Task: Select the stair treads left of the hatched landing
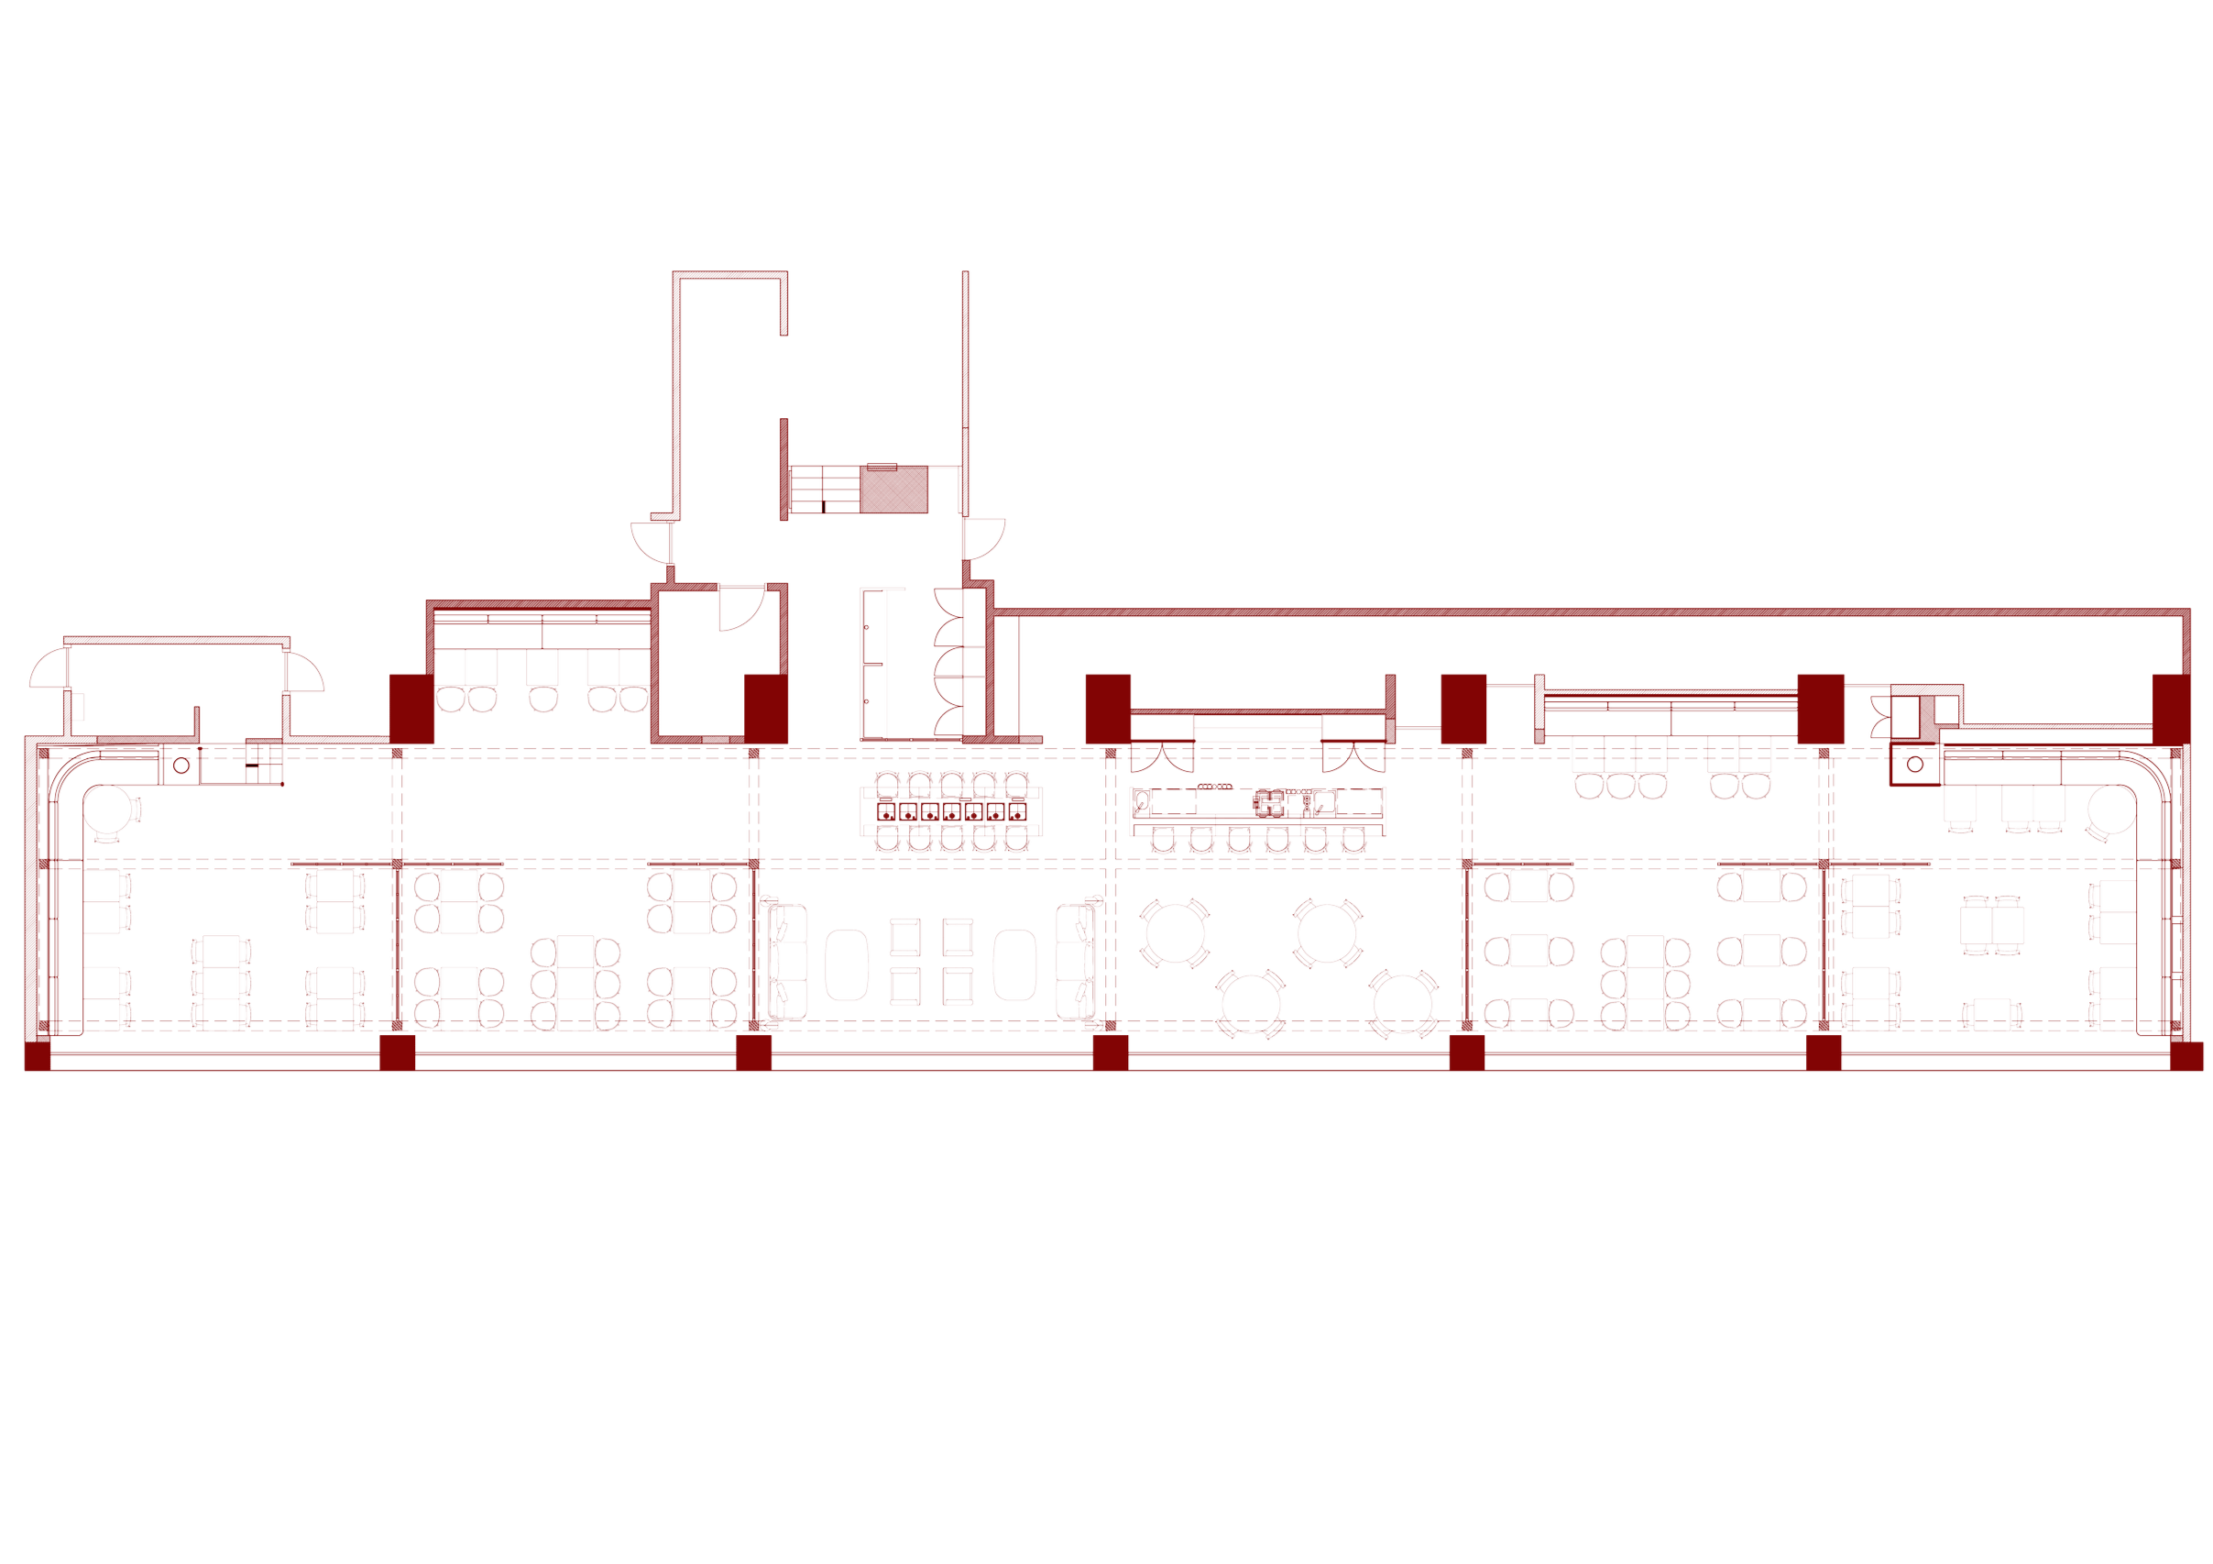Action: point(824,490)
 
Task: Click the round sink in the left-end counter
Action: point(180,767)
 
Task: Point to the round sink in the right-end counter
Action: point(1915,765)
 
